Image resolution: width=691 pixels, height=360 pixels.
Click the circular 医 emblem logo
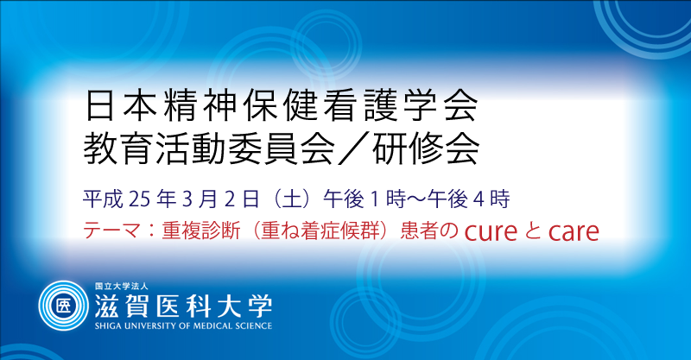pyautogui.click(x=63, y=306)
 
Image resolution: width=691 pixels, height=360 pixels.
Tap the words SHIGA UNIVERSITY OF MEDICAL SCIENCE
pyautogui.click(x=183, y=326)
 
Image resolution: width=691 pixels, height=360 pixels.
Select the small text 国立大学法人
pyautogui.click(x=122, y=287)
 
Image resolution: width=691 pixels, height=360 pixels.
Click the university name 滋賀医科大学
pyautogui.click(x=183, y=305)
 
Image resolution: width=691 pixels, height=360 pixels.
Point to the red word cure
pyautogui.click(x=491, y=232)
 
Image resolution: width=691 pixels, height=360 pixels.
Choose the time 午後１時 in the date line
pyautogui.click(x=365, y=199)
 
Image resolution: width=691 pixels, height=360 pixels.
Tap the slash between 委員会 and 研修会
pyautogui.click(x=352, y=148)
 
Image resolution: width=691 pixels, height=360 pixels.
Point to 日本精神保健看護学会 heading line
pyautogui.click(x=282, y=105)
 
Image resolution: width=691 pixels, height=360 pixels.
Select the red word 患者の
pyautogui.click(x=429, y=231)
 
